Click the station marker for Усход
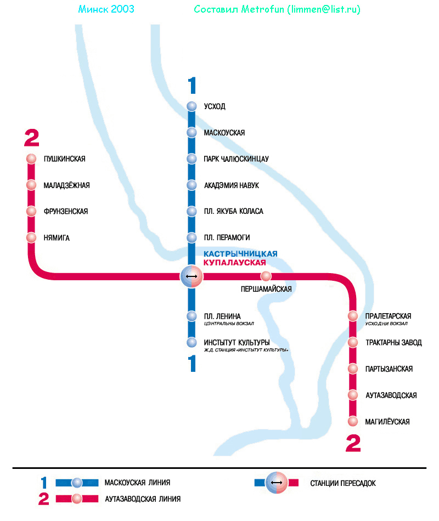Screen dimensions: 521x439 tap(192, 106)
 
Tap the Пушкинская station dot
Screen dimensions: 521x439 tap(31, 159)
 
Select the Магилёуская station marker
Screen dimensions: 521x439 tap(353, 421)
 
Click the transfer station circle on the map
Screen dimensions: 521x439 tap(192, 276)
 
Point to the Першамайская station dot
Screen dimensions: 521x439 tap(266, 276)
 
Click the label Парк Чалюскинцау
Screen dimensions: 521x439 tap(236, 159)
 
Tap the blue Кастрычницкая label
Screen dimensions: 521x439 tap(240, 254)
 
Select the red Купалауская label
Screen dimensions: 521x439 tap(238, 263)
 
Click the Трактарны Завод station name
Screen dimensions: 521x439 tap(393, 343)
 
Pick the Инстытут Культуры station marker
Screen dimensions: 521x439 tap(192, 343)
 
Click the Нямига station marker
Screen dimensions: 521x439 tap(31, 237)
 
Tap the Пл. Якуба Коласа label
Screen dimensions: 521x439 tap(233, 211)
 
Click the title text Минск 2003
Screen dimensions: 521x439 tap(106, 10)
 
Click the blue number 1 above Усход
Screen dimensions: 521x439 tap(192, 86)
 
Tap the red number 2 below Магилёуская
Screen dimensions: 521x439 tap(353, 443)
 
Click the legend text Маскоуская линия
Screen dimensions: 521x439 tap(137, 483)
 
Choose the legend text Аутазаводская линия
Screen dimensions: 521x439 tap(142, 499)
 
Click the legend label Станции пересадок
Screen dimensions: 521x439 tap(343, 483)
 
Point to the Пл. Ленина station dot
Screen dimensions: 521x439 tap(192, 316)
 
